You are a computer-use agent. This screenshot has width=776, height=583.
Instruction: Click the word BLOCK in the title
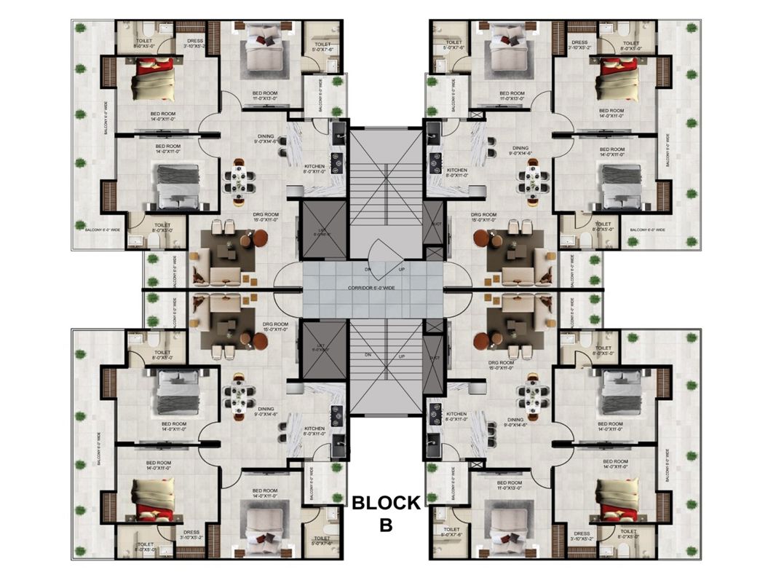(x=386, y=502)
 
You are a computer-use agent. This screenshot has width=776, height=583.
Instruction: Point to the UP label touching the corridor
(x=401, y=270)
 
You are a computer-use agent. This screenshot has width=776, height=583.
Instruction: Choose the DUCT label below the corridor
(x=435, y=358)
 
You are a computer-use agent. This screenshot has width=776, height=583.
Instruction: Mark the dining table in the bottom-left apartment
(x=239, y=398)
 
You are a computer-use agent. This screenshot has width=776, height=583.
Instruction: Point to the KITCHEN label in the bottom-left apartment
(x=314, y=430)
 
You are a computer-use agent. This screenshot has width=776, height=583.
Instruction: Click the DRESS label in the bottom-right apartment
(x=582, y=536)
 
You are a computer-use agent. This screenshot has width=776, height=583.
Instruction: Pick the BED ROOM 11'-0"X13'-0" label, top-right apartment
(x=512, y=96)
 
